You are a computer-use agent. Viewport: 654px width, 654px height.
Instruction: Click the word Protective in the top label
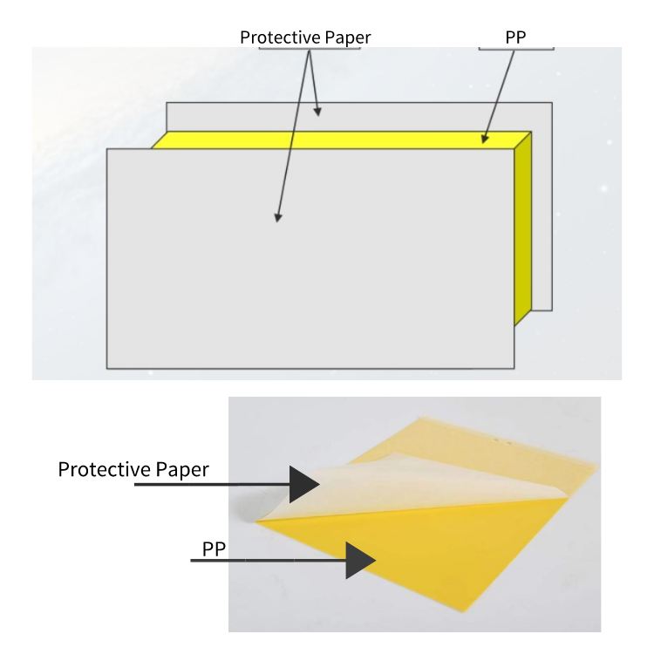point(280,37)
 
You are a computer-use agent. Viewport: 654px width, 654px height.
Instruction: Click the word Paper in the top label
point(348,38)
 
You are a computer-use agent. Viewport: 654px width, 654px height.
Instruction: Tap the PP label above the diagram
point(515,37)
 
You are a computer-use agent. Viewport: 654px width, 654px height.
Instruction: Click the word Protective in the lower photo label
point(99,470)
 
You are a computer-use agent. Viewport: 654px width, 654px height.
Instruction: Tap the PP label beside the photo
point(214,548)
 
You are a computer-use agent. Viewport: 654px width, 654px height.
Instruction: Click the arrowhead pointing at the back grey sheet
point(317,112)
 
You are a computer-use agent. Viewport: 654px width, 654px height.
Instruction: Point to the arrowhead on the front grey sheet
point(278,217)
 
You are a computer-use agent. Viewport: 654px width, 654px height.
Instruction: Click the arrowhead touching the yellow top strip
point(484,139)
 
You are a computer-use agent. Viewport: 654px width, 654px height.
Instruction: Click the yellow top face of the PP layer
point(341,140)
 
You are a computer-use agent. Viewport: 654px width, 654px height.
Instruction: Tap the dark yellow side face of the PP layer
point(523,228)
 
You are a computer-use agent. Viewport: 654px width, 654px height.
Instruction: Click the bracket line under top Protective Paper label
point(310,49)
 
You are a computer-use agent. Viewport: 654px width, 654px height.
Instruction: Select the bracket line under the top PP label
point(516,49)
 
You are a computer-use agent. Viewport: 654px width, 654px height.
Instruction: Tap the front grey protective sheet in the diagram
point(310,259)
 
